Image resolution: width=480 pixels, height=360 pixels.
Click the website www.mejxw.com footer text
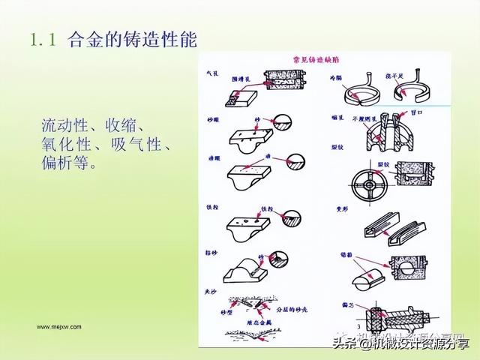click(x=60, y=326)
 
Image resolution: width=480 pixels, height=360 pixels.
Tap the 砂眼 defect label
click(x=211, y=119)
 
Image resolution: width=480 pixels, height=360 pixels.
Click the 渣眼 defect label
click(x=211, y=160)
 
